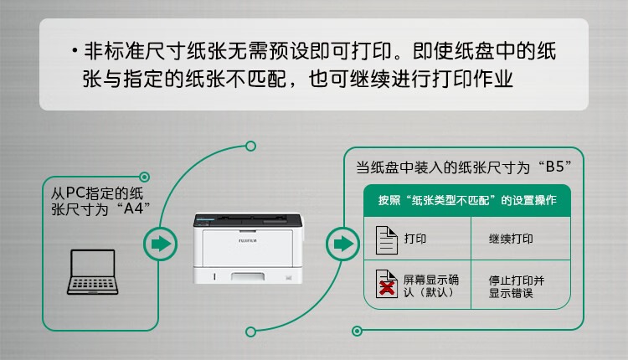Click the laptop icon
[x=92, y=272]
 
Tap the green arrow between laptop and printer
[x=161, y=244]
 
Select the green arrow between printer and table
[x=343, y=244]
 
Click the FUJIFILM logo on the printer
[x=248, y=240]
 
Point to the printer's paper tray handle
[x=248, y=277]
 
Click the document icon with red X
[x=386, y=284]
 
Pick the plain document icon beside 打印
[x=386, y=240]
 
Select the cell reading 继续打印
[x=511, y=239]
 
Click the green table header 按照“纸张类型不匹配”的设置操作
[x=467, y=200]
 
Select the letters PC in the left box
[x=75, y=193]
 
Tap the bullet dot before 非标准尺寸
[x=75, y=51]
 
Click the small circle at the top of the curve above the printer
[x=250, y=147]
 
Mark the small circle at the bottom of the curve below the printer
[x=250, y=332]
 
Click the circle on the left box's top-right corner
[x=145, y=177]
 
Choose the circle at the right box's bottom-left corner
[x=357, y=331]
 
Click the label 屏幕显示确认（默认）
[x=431, y=286]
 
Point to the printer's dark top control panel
[x=248, y=220]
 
